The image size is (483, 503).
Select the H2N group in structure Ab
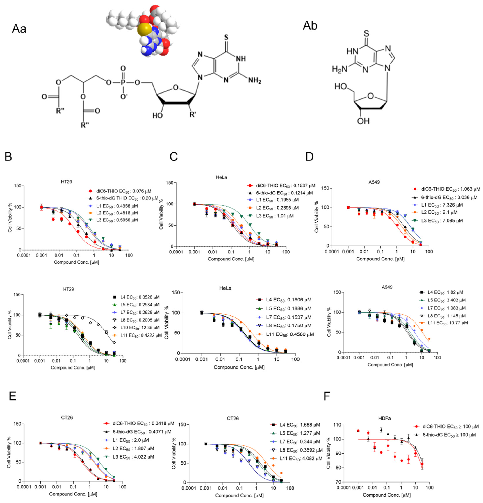pyautogui.click(x=339, y=68)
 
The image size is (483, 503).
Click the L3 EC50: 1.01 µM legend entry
pyautogui.click(x=275, y=216)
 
